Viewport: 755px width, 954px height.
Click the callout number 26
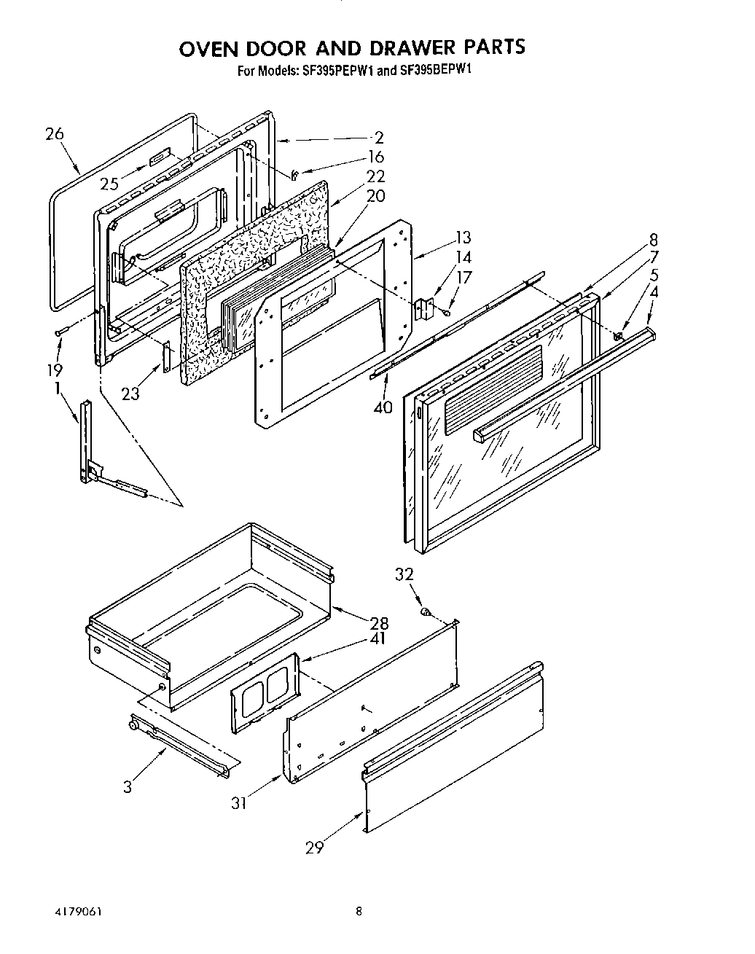[x=54, y=134]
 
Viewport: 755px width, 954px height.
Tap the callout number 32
[x=404, y=574]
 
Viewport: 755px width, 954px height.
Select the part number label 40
[x=383, y=407]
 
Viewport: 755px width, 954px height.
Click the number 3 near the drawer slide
[x=128, y=787]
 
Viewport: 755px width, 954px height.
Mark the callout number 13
[x=462, y=238]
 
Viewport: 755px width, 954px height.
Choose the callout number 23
[x=130, y=394]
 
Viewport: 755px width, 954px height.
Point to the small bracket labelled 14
[x=423, y=309]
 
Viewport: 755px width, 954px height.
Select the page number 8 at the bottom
[x=359, y=910]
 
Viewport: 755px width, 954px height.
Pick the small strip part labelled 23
[x=167, y=358]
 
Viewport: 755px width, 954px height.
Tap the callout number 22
[x=376, y=176]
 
